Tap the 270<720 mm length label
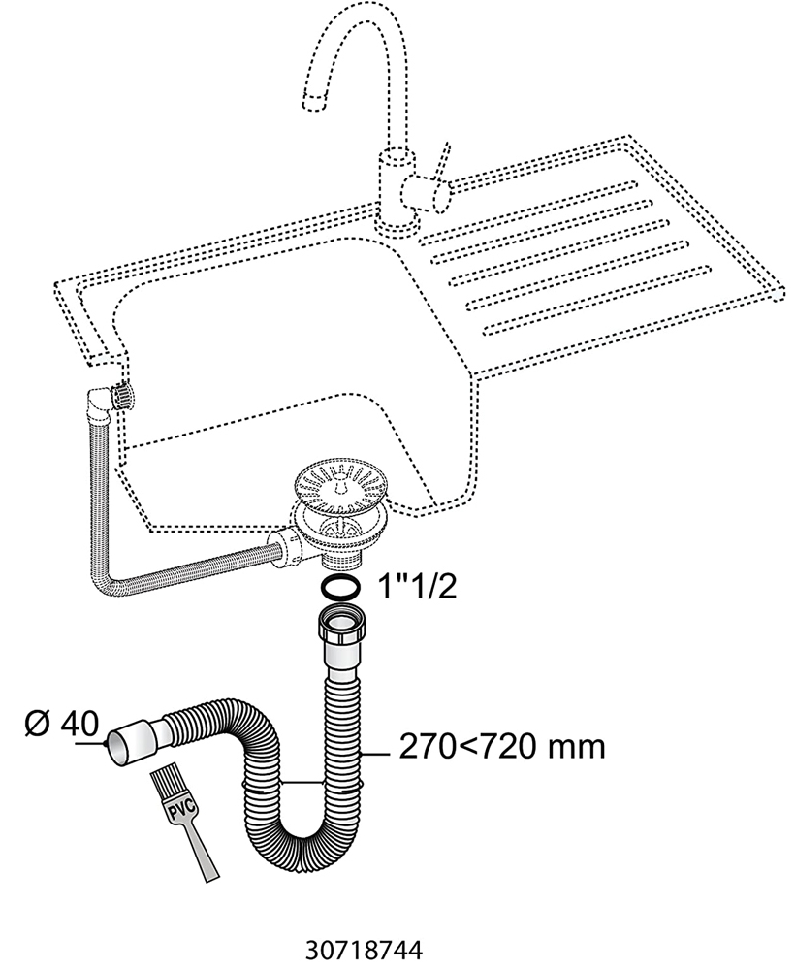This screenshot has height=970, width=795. pyautogui.click(x=501, y=747)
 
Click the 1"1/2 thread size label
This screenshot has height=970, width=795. pyautogui.click(x=407, y=587)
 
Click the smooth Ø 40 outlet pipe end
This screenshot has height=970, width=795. pyautogui.click(x=126, y=742)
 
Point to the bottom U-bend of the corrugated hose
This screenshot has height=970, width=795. pyautogui.click(x=291, y=854)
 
